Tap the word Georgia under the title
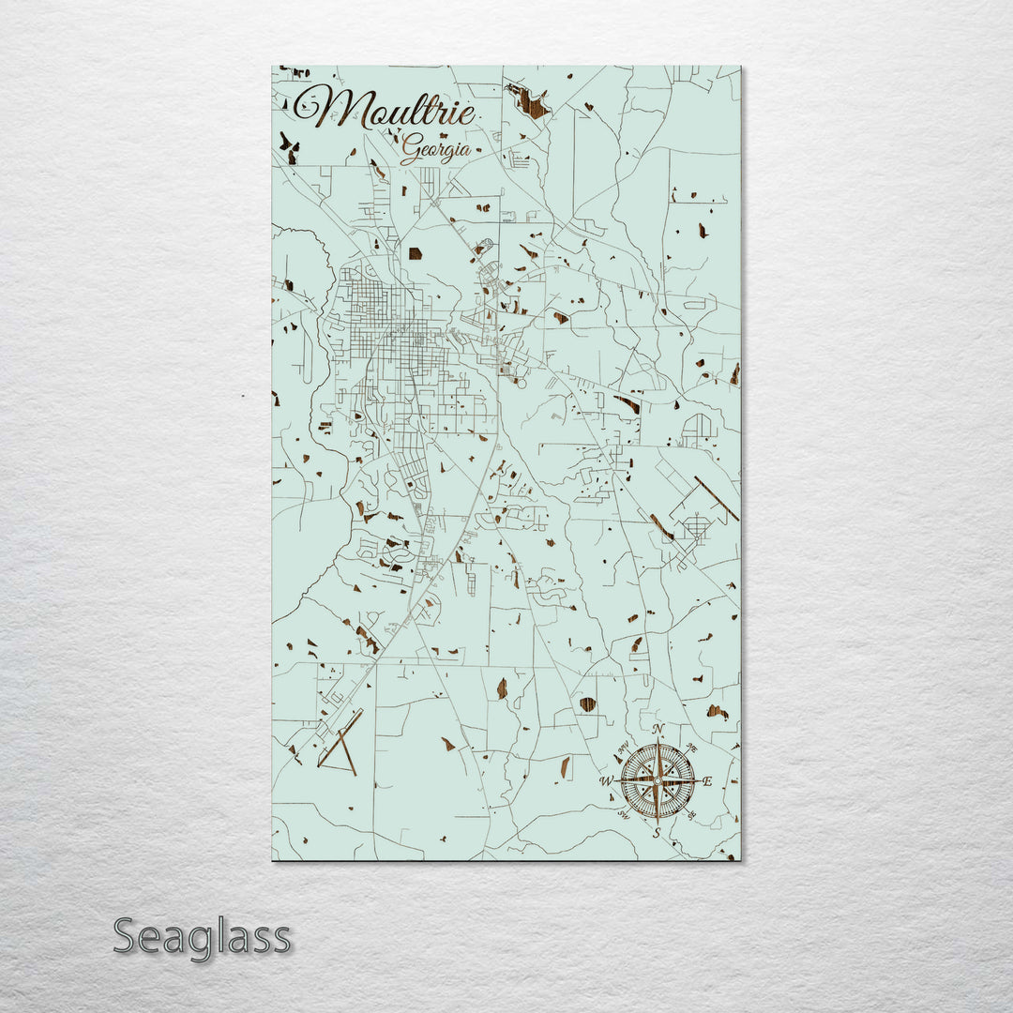tap(435, 148)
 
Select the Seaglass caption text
tap(202, 937)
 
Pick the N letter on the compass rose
tap(658, 731)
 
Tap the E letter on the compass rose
tap(707, 780)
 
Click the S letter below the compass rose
tap(657, 831)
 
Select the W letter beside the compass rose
tap(606, 780)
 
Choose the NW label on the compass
tap(622, 747)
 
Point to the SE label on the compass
tap(693, 815)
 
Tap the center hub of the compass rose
tap(658, 780)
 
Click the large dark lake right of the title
tap(532, 100)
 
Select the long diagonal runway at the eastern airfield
tap(717, 498)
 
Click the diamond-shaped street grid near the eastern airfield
tap(697, 527)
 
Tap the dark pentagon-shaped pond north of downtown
tap(415, 252)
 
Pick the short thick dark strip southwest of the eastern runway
tap(661, 527)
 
